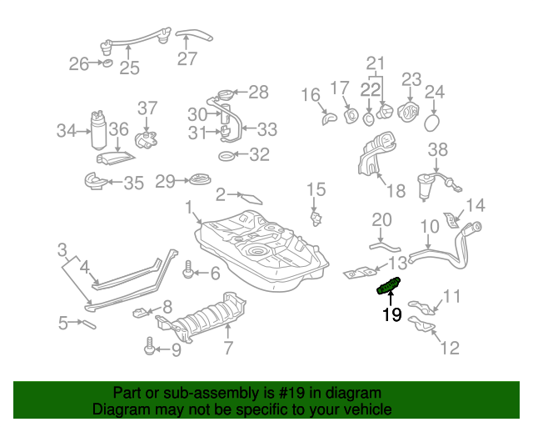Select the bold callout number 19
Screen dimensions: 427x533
pos(391,315)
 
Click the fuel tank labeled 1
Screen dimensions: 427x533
pos(258,250)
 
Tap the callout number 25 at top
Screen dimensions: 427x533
pos(129,68)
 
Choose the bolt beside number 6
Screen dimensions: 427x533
pos(188,271)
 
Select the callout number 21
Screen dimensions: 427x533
pos(376,63)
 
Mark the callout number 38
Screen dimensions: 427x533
pos(438,150)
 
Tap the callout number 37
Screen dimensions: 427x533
pos(147,108)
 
